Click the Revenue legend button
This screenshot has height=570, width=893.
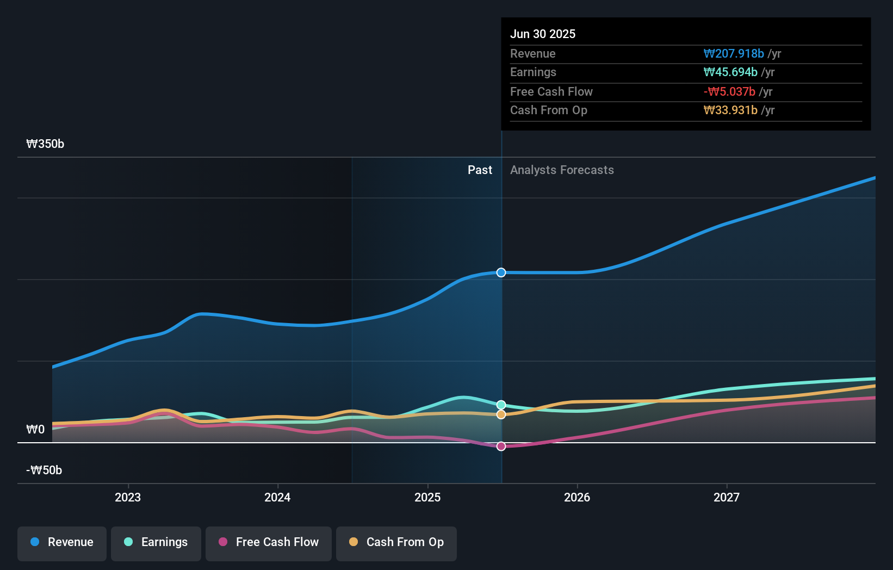pos(62,542)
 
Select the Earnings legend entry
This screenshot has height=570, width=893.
pos(156,542)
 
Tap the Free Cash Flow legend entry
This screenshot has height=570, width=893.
pos(269,542)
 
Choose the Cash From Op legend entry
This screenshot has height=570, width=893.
pos(396,542)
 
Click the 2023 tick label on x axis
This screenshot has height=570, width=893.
pos(128,497)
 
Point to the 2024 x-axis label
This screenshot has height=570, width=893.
pos(277,497)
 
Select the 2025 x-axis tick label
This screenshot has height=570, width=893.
pos(427,497)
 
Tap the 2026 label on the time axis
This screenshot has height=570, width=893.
pos(577,497)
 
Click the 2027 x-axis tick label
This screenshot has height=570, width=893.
pos(727,497)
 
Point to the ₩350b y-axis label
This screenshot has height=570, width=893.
pos(45,144)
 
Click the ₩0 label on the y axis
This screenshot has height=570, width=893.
pos(35,430)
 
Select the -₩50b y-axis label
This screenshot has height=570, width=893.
pos(44,470)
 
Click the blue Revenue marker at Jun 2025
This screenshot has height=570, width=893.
pos(501,272)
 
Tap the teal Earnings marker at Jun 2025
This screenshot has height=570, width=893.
pos(501,405)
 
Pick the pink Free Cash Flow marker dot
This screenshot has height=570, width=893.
pos(501,446)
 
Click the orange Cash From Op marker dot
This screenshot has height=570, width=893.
pos(501,414)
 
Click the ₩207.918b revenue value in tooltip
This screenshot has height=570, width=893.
pos(734,54)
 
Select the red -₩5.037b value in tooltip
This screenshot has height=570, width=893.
pos(729,92)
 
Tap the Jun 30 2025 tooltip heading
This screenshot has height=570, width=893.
pos(543,34)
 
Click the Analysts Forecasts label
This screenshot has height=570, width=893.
pos(562,170)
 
